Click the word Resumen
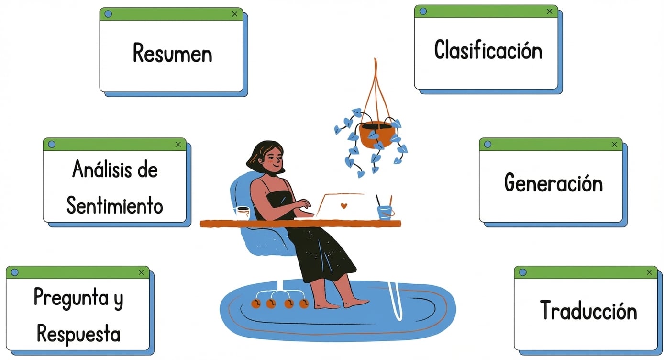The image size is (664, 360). [x=173, y=53]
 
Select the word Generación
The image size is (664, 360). [x=553, y=182]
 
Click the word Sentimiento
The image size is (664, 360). [x=115, y=205]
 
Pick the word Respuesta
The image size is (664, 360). [x=78, y=334]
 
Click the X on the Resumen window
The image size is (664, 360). [x=235, y=14]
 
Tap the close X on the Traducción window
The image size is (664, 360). [x=649, y=272]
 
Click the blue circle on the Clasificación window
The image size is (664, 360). [x=423, y=11]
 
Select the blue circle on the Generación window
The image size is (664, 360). [x=487, y=145]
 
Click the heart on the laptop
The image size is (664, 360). [x=344, y=206]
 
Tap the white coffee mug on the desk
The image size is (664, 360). [x=242, y=213]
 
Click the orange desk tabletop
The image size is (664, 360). [x=300, y=224]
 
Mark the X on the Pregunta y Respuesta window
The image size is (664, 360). [x=141, y=272]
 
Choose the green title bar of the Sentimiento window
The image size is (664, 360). [x=114, y=145]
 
